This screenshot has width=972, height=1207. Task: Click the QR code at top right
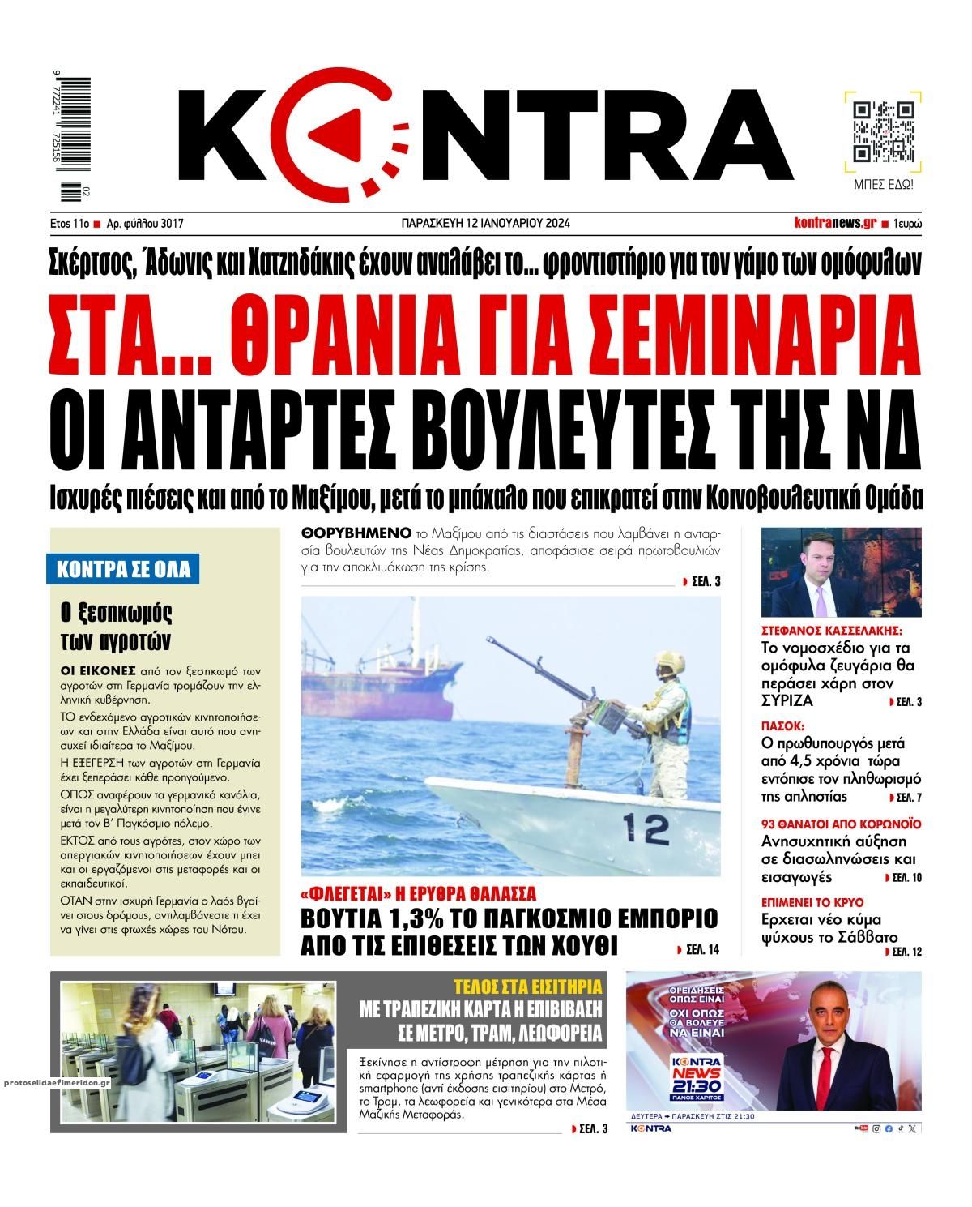[x=885, y=132]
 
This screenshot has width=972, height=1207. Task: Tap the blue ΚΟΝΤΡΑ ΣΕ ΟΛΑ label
[x=123, y=569]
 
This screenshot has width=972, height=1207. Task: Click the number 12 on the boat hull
[x=646, y=828]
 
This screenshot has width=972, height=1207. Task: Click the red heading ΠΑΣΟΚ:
[x=782, y=725]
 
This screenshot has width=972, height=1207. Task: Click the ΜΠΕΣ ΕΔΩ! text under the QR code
[x=885, y=184]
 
